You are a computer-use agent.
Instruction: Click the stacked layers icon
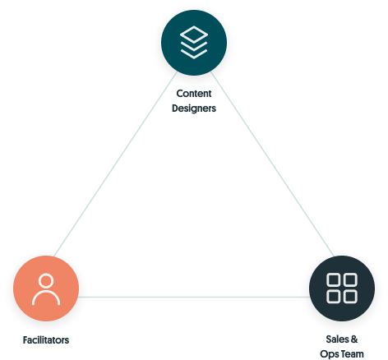[194, 43]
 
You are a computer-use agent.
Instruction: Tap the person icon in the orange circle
[46, 289]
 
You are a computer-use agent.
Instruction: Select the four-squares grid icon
[342, 288]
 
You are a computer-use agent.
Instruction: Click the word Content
[194, 94]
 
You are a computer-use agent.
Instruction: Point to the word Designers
[194, 108]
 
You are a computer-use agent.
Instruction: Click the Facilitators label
[46, 340]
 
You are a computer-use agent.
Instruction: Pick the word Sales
[337, 339]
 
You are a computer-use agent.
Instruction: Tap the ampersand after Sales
[354, 339]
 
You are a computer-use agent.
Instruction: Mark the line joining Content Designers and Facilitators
[115, 164]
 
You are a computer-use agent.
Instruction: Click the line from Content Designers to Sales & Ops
[273, 164]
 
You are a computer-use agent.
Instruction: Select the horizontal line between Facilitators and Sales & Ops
[194, 297]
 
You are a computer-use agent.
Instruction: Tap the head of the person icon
[46, 280]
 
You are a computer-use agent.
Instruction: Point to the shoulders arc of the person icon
[46, 291]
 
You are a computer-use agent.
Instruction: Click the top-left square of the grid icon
[334, 279]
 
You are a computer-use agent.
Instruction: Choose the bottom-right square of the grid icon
[350, 297]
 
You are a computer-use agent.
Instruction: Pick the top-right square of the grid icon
[350, 279]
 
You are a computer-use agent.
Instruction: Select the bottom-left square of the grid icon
[334, 297]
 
